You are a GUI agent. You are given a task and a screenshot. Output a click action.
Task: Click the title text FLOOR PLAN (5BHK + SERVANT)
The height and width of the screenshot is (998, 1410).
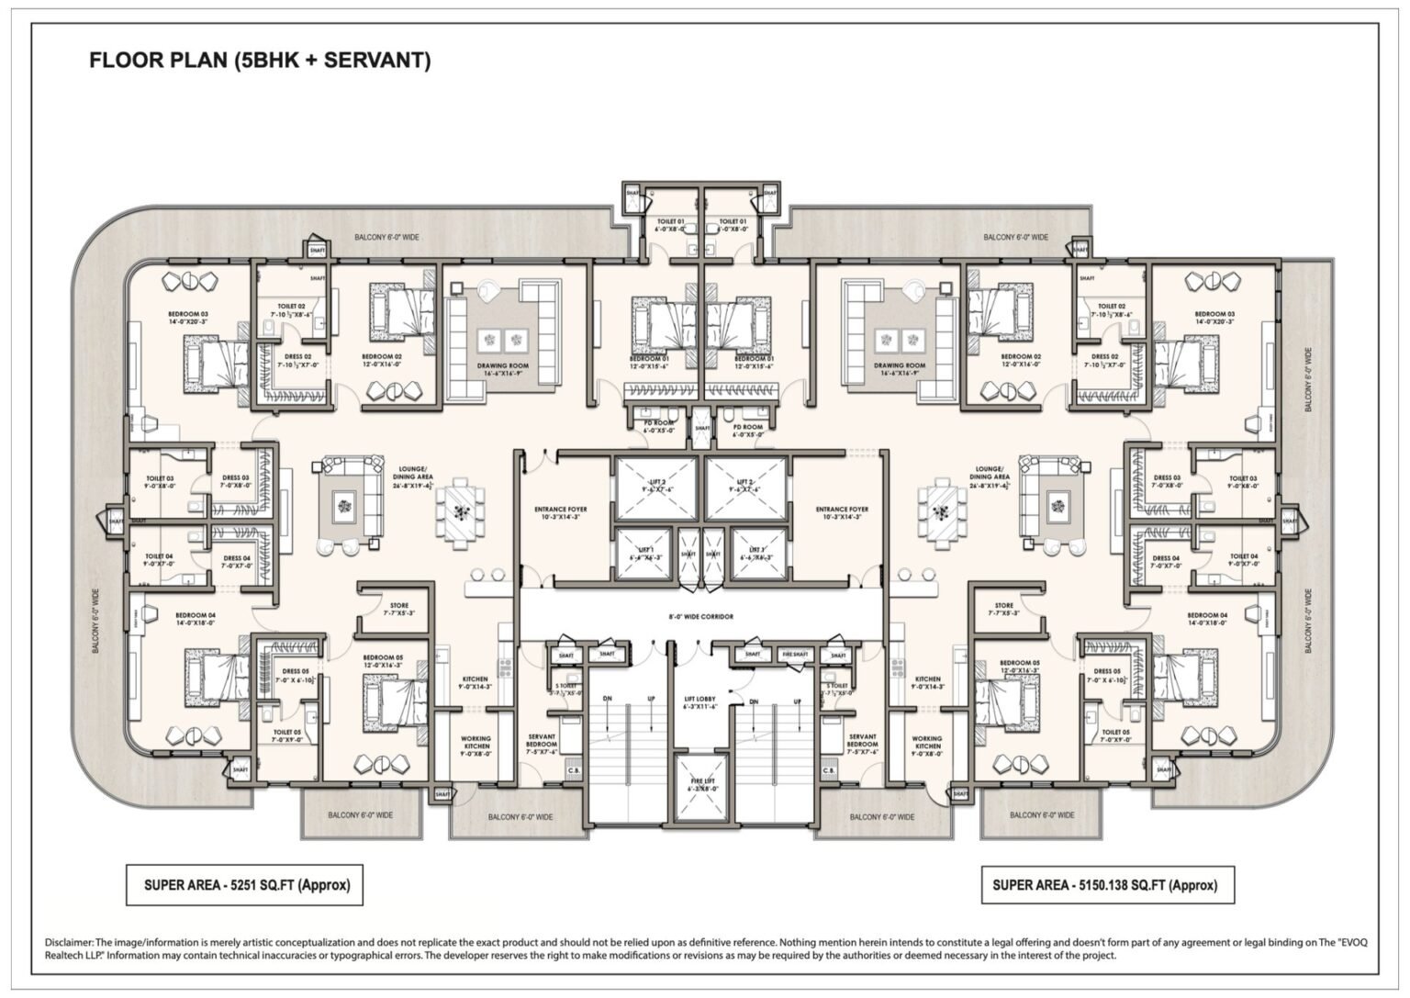(x=260, y=62)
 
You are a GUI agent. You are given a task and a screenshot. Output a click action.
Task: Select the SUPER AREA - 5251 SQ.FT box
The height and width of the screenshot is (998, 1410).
(x=245, y=885)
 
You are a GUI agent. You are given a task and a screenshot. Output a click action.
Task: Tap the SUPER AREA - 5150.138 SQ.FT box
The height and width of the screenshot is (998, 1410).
(x=1106, y=885)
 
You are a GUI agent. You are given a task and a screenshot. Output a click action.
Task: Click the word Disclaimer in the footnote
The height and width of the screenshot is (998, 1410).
(x=69, y=942)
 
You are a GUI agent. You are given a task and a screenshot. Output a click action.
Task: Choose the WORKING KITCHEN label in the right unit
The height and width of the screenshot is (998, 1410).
(x=926, y=745)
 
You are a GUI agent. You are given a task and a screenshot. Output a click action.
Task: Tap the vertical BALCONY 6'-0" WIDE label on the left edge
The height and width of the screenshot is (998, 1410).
(x=95, y=622)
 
